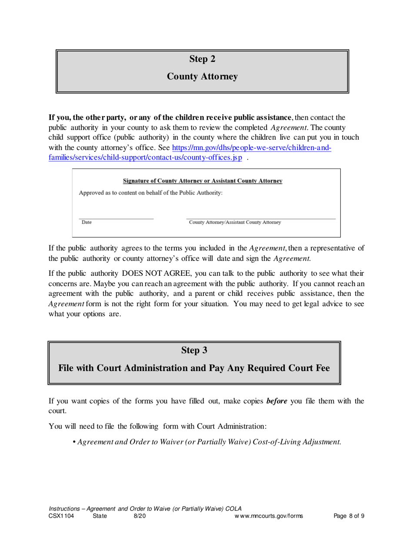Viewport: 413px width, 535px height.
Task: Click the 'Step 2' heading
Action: click(202, 59)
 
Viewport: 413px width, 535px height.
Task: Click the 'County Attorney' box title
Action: click(203, 77)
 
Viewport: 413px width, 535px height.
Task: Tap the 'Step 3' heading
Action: click(194, 350)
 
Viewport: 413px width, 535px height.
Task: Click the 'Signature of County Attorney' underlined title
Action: click(203, 181)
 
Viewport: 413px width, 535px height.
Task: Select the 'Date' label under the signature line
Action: click(87, 223)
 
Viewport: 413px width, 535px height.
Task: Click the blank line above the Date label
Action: click(116, 218)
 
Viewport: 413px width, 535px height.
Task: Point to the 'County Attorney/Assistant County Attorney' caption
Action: click(234, 223)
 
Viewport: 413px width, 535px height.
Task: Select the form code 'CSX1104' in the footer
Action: click(61, 516)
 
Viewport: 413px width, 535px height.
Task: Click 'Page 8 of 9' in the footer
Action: click(349, 516)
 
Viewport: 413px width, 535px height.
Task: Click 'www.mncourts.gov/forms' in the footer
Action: click(268, 516)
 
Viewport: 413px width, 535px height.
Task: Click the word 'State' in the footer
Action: click(100, 516)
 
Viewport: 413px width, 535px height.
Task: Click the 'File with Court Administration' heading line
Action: click(194, 368)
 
